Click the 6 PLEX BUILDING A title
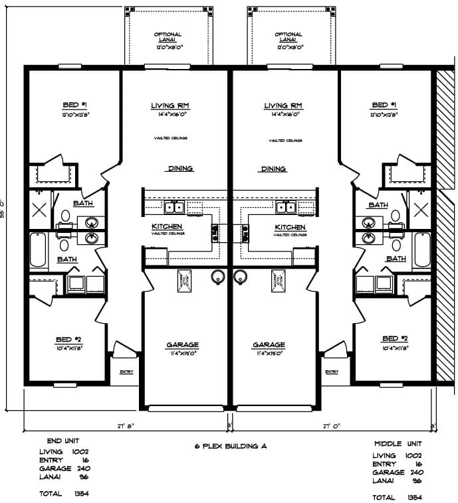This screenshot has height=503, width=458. (x=229, y=447)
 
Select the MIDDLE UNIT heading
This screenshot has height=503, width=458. (x=397, y=443)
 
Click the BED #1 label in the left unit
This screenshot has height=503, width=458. (x=70, y=106)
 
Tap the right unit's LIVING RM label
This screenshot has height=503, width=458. (x=283, y=106)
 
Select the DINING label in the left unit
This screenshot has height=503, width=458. (x=180, y=169)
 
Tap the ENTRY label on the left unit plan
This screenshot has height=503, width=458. (x=126, y=372)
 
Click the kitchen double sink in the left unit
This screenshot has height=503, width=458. (x=174, y=208)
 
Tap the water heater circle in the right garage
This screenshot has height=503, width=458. (x=240, y=277)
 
